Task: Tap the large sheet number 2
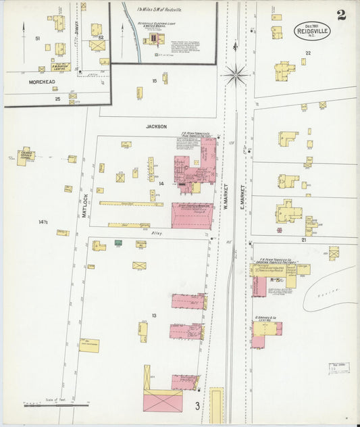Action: [342, 15]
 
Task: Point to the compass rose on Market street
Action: [236, 74]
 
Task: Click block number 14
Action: [161, 183]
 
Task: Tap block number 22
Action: [307, 52]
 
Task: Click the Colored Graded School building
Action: [25, 156]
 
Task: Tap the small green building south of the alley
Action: [118, 243]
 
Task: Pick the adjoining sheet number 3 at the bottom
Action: [198, 405]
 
